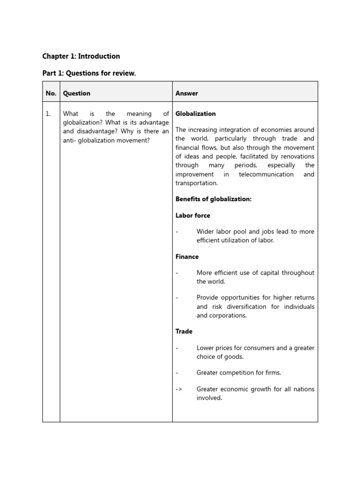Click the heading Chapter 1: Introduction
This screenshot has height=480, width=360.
(x=81, y=56)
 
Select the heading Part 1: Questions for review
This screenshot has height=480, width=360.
(x=89, y=74)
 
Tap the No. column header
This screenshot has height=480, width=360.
(x=51, y=93)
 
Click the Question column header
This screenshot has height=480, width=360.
(x=76, y=93)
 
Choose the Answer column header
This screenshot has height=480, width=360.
(x=187, y=93)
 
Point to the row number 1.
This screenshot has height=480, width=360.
(x=48, y=114)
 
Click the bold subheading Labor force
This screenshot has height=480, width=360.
(x=193, y=216)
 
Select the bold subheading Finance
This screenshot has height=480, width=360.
(x=187, y=257)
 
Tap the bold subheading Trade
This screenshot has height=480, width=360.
(x=184, y=331)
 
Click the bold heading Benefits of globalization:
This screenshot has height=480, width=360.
(x=213, y=199)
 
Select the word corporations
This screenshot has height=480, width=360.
(x=227, y=315)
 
